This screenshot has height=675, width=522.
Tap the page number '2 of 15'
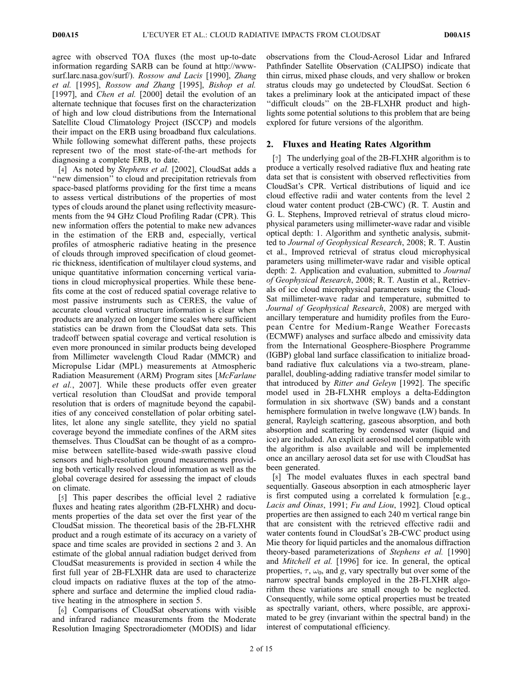(x=260, y=649)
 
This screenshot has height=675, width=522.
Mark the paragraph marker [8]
(x=276, y=477)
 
